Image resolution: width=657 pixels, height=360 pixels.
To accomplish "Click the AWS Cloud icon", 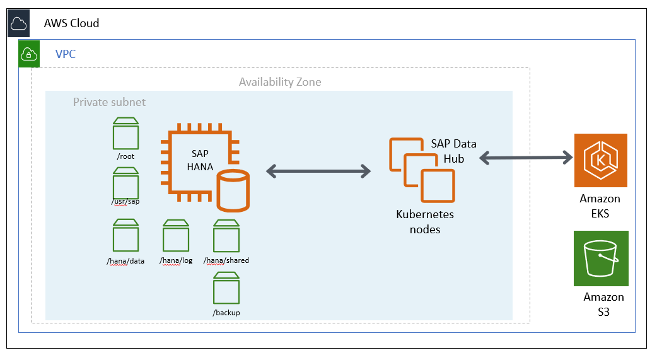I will click(18, 24).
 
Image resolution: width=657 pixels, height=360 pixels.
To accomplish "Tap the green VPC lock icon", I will click(29, 54).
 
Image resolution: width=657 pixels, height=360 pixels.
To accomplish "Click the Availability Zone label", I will click(279, 82).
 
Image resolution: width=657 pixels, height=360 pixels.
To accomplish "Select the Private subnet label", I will click(109, 102).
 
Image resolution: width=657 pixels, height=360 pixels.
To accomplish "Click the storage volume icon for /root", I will click(125, 133).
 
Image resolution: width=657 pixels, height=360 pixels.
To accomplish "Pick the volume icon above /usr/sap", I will click(125, 183).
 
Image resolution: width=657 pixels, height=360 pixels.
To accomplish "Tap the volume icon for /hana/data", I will click(125, 236).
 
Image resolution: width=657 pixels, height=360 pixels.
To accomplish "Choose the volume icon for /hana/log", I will click(176, 236).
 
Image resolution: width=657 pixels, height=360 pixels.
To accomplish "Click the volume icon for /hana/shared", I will click(226, 236).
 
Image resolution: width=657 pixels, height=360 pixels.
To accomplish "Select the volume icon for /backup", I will click(226, 289).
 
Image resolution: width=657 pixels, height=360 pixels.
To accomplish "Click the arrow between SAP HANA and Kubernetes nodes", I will click(318, 170).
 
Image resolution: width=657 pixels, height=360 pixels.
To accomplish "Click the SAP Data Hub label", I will click(453, 151).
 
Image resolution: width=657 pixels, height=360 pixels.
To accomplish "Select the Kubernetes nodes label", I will click(424, 221).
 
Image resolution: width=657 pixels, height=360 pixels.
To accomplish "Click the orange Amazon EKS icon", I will click(600, 160).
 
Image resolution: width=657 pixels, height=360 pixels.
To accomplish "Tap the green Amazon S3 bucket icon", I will click(600, 258).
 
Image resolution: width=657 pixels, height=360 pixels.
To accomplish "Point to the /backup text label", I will click(226, 313).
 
